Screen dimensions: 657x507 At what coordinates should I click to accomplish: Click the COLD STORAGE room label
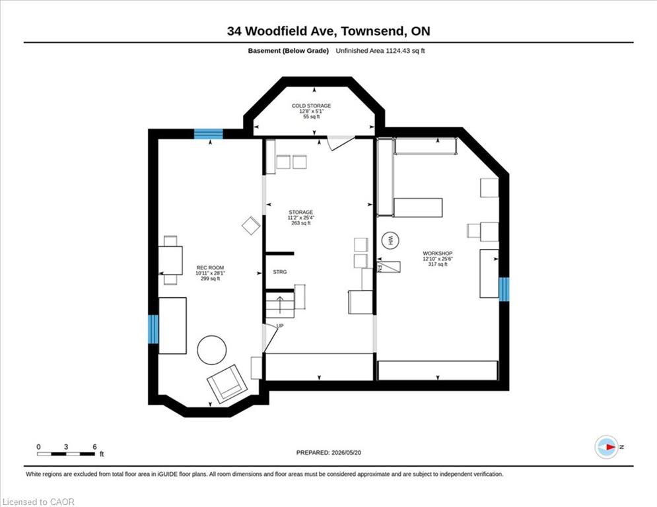point(311,106)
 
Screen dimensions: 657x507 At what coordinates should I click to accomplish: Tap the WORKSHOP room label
point(437,253)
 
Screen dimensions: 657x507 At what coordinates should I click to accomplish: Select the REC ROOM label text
point(211,268)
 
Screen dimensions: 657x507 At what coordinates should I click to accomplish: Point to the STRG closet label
point(280,272)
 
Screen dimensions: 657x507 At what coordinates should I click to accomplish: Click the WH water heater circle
point(390,240)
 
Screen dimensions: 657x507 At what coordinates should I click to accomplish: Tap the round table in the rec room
point(212,350)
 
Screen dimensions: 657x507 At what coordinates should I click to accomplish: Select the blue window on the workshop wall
point(504,289)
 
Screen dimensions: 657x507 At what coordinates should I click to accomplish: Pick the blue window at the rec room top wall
point(208,133)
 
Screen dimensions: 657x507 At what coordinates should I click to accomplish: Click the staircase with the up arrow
point(280,305)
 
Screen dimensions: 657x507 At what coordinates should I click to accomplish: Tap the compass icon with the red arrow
point(606,447)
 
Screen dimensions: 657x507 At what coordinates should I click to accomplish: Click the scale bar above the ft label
point(66,454)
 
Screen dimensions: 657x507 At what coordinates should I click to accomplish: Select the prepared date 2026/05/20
point(346,452)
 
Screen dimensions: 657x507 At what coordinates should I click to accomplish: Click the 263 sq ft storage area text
point(301,223)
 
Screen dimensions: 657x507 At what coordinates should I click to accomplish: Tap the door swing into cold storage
point(341,143)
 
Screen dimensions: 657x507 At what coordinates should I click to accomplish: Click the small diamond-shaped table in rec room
point(252,225)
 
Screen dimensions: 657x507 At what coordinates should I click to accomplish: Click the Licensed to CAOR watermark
point(38,502)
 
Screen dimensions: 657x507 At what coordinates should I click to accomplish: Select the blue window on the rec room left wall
point(154,329)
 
